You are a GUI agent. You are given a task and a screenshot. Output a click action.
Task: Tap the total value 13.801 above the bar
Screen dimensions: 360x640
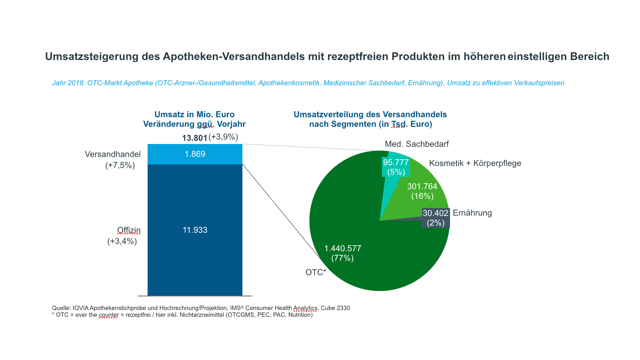pyautogui.click(x=195, y=138)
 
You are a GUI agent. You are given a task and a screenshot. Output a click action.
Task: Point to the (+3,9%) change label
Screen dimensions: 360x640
pyautogui.click(x=223, y=137)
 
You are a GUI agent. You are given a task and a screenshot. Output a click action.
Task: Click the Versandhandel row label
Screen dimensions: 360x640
pyautogui.click(x=113, y=154)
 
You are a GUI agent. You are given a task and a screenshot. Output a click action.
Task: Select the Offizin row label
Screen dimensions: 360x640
pyautogui.click(x=129, y=230)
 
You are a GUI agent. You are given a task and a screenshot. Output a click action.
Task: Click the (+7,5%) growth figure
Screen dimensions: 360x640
pyautogui.click(x=120, y=165)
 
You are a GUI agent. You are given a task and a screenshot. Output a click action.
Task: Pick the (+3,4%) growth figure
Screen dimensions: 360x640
pyautogui.click(x=122, y=241)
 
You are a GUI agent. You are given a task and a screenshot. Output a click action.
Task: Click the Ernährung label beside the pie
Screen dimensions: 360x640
pyautogui.click(x=472, y=213)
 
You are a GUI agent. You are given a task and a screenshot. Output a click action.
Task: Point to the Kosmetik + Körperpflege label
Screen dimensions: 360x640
pyautogui.click(x=475, y=163)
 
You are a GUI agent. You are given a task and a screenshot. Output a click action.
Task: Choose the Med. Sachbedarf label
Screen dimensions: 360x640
pyautogui.click(x=417, y=144)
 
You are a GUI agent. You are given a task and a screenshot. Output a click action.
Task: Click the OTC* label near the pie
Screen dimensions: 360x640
pyautogui.click(x=316, y=272)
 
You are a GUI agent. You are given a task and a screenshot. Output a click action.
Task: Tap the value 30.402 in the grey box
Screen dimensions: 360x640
pyautogui.click(x=436, y=213)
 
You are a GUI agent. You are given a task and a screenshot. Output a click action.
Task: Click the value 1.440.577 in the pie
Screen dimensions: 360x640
pyautogui.click(x=342, y=248)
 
